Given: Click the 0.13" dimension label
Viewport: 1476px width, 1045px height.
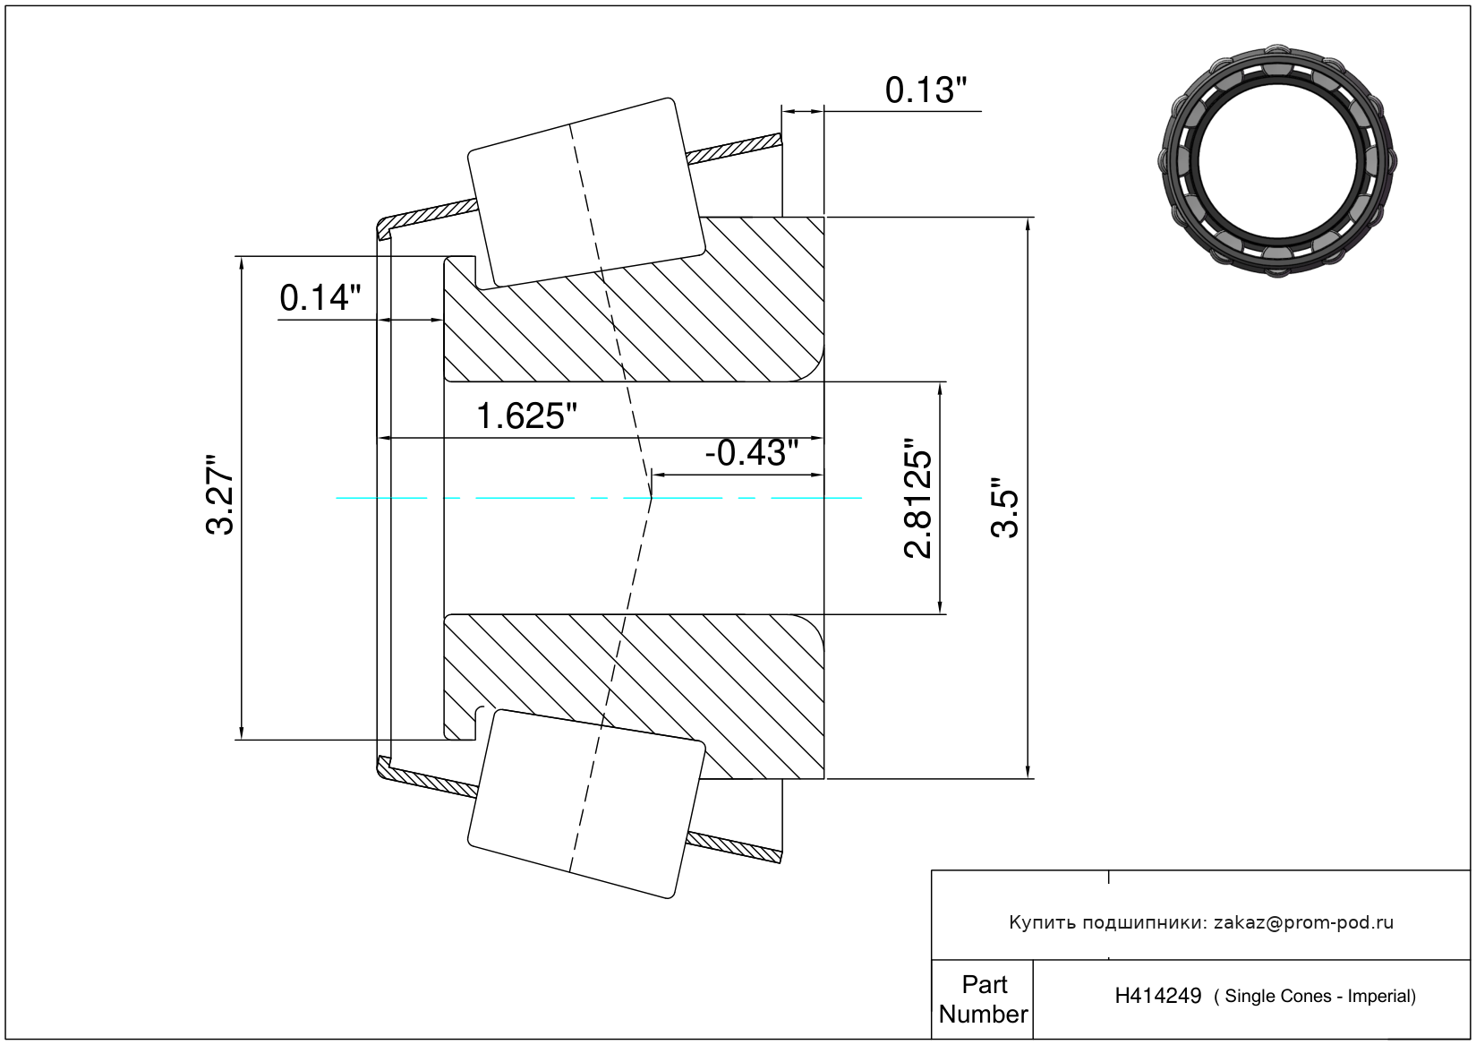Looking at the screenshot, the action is [926, 90].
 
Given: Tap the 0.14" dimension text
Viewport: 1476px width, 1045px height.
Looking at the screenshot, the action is [320, 297].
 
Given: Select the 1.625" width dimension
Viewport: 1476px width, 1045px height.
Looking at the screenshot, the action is [525, 416].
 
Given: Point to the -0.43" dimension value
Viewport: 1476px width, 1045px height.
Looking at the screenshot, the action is [751, 453].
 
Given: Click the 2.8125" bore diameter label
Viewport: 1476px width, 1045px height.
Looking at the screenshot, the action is [917, 499].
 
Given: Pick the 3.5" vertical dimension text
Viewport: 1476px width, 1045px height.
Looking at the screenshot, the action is [1005, 509].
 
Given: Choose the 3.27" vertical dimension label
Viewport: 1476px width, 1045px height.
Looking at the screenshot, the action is [220, 494].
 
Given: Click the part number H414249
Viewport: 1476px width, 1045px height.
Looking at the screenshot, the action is [1157, 996].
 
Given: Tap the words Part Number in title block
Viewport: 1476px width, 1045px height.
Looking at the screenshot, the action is [983, 998].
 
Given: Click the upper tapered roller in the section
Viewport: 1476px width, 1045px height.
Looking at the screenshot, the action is [586, 193].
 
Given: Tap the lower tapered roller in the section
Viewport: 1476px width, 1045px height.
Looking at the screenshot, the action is [586, 804].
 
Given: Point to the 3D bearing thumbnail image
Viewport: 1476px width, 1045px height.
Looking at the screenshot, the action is [1277, 160].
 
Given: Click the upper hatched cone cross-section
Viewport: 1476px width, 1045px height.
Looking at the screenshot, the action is [634, 299].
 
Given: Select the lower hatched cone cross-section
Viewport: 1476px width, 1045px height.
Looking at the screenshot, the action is [634, 697].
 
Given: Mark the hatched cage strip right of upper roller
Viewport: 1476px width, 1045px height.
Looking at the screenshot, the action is [734, 149].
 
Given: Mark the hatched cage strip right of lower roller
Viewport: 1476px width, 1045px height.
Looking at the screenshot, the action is [734, 848].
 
